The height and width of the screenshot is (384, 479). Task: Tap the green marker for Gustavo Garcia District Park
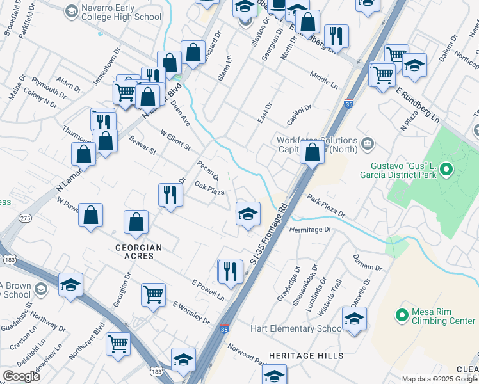tap(446, 170)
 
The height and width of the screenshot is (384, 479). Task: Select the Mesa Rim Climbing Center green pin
tap(402, 315)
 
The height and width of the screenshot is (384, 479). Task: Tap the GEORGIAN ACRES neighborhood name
tap(138, 252)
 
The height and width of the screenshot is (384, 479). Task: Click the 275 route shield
tap(25, 218)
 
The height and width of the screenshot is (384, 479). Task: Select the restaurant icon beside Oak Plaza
tap(170, 195)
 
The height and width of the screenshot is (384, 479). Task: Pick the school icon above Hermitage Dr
tap(248, 214)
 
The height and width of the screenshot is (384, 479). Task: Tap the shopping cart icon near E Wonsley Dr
tap(153, 296)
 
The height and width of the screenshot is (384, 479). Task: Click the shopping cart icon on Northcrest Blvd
tap(118, 344)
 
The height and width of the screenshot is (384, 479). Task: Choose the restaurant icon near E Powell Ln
tap(229, 271)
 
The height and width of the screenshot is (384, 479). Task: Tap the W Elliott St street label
tap(175, 141)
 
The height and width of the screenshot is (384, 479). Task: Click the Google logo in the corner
tap(21, 376)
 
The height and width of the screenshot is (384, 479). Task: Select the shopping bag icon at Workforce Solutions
tap(312, 153)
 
